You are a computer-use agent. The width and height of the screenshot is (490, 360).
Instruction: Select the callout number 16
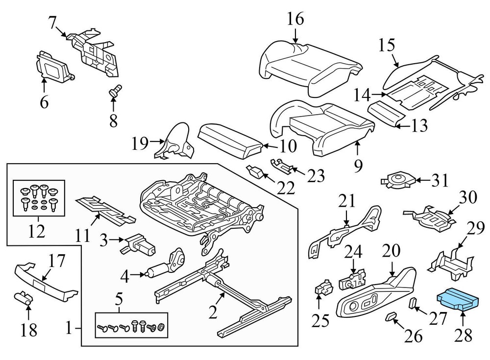[295, 19]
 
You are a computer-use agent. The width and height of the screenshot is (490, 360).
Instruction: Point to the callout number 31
[440, 181]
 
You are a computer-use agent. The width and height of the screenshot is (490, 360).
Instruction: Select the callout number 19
[140, 143]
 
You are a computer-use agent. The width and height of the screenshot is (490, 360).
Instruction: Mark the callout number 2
[212, 312]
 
